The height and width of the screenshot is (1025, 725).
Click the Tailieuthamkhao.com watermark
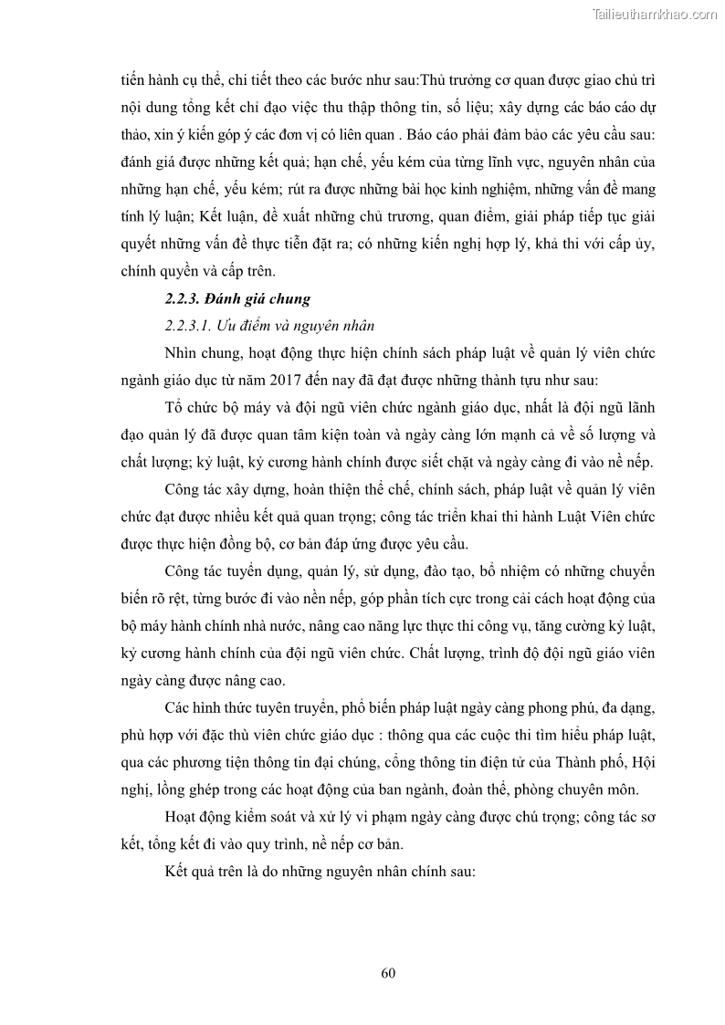pos(655,14)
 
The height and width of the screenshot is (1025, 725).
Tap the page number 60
pos(388,972)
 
